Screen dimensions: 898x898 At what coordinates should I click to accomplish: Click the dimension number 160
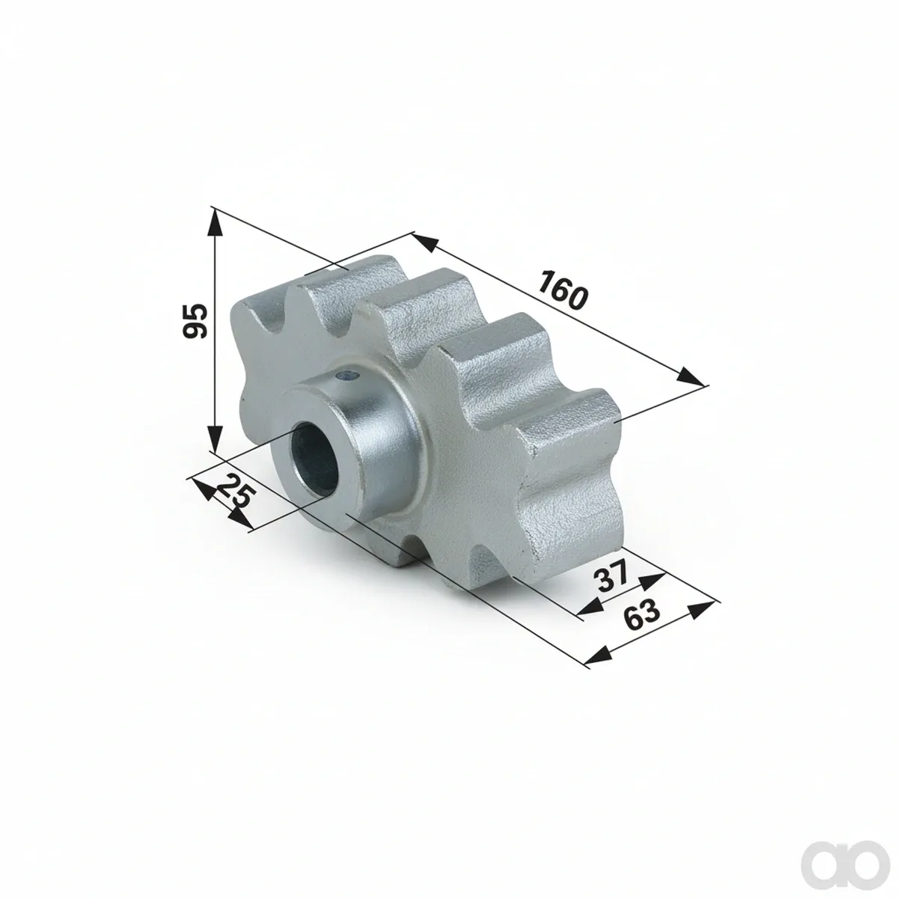click(x=563, y=290)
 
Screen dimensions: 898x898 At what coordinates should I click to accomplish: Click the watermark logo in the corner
click(x=849, y=853)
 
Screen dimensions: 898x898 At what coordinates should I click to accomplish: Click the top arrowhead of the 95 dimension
click(x=215, y=223)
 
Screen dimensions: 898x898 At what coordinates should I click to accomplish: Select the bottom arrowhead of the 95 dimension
click(x=215, y=437)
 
